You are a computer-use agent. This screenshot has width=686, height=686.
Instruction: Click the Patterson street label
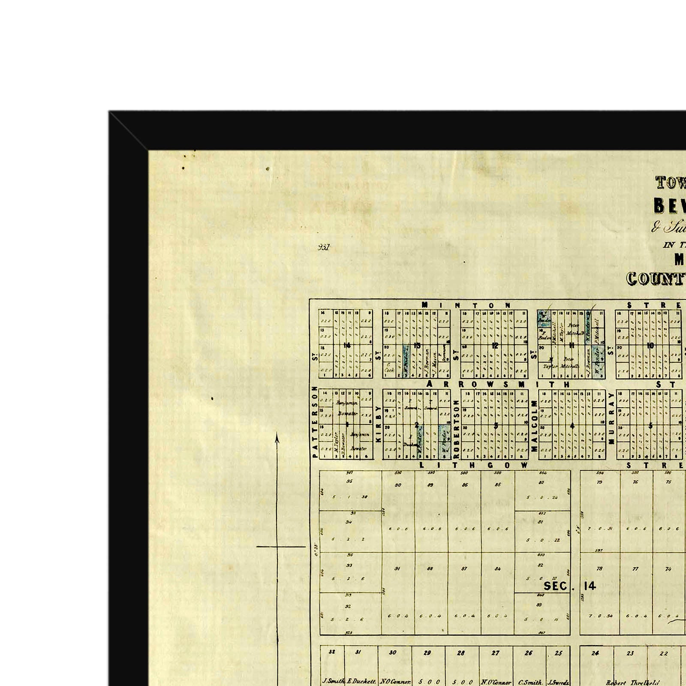315,422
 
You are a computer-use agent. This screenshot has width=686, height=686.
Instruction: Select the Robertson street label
456,429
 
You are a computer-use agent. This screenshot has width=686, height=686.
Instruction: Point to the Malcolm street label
534,426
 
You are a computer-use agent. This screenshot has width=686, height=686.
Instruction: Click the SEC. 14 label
570,586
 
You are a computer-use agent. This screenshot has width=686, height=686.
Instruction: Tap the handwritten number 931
324,247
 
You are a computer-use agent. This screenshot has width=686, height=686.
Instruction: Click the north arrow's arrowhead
277,437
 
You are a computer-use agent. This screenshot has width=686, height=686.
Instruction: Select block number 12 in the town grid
495,346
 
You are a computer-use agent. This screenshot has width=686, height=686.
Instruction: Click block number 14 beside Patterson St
347,345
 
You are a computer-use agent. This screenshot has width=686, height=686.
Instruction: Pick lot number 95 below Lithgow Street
349,481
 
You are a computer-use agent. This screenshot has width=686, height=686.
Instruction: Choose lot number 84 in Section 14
497,569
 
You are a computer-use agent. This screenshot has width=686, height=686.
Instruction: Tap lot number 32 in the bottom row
331,652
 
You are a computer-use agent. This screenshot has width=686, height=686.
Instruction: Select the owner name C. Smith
531,682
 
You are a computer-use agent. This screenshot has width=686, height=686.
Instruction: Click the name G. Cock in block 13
389,368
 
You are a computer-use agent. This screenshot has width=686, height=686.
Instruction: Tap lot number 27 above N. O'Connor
495,653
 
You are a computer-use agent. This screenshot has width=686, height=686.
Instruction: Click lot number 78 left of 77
599,569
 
